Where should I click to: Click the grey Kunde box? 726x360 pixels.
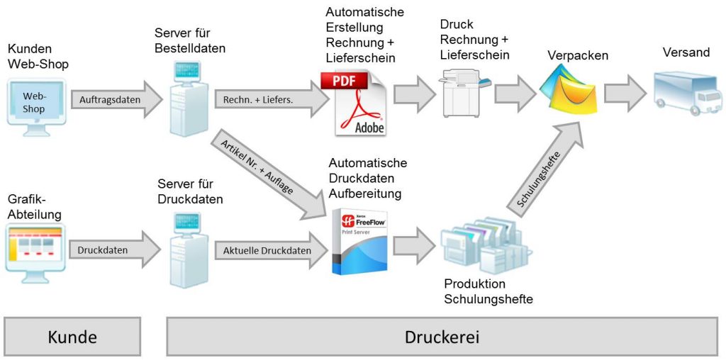click(x=72, y=337)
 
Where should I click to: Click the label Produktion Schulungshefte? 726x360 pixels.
click(x=488, y=291)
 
